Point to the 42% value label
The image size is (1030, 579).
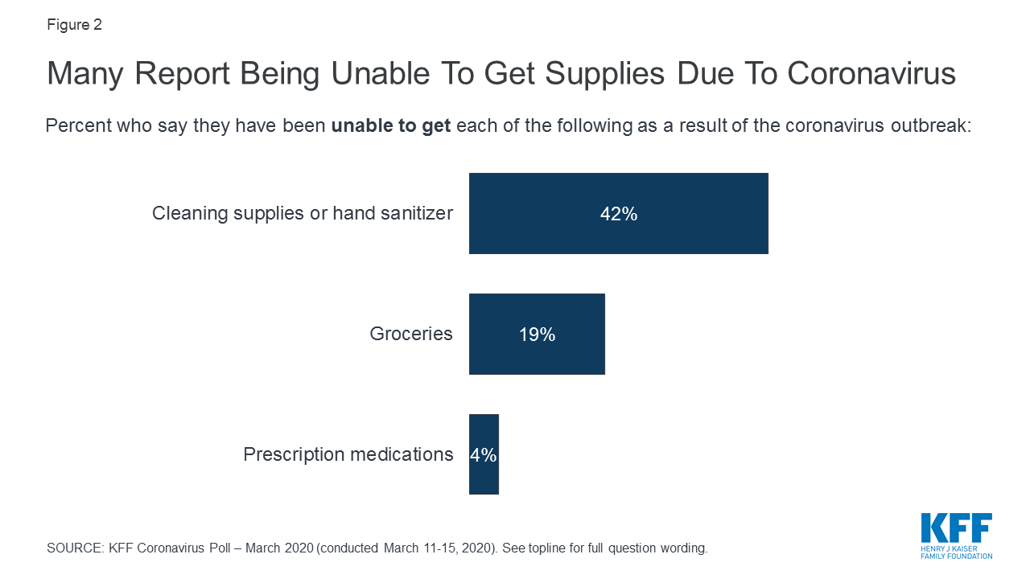[x=618, y=214]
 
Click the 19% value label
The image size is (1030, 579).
[x=537, y=335]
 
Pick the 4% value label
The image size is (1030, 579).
[x=484, y=455]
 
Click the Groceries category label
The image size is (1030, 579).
[x=411, y=335]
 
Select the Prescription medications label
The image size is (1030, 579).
[x=348, y=455]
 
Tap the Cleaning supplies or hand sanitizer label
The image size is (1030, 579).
[x=303, y=214]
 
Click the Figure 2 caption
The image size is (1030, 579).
[x=74, y=25]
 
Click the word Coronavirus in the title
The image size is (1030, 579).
[x=871, y=74]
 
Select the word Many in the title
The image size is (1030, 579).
[x=85, y=74]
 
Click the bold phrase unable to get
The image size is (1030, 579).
[x=391, y=127]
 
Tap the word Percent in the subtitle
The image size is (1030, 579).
[x=76, y=127]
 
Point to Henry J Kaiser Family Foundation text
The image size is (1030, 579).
[x=956, y=552]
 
